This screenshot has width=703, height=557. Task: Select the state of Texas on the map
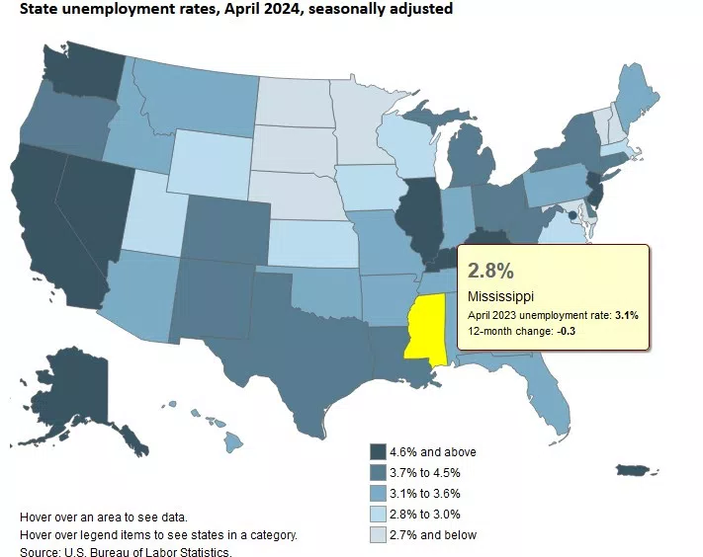(x=297, y=356)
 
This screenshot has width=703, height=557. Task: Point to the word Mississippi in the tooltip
(x=501, y=295)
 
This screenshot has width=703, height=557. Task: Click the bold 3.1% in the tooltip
(x=626, y=315)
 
